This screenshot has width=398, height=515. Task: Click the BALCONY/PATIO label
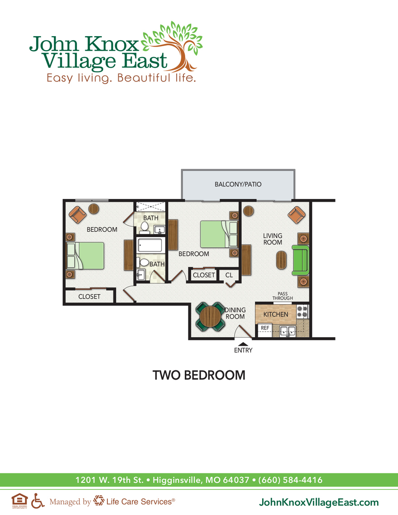[238, 185]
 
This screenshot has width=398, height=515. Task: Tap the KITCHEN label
[276, 314]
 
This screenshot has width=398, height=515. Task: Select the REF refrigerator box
[265, 328]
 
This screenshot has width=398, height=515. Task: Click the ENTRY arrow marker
[243, 344]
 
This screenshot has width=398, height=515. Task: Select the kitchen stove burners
[302, 311]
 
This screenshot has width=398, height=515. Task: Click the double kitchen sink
[287, 331]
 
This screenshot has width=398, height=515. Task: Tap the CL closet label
[229, 275]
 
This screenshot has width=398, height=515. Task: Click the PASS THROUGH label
[283, 296]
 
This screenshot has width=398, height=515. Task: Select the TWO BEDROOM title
[199, 375]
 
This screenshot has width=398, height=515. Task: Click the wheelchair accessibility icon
[38, 501]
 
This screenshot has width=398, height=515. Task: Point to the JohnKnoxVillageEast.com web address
[318, 502]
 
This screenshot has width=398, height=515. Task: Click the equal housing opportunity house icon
[19, 500]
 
